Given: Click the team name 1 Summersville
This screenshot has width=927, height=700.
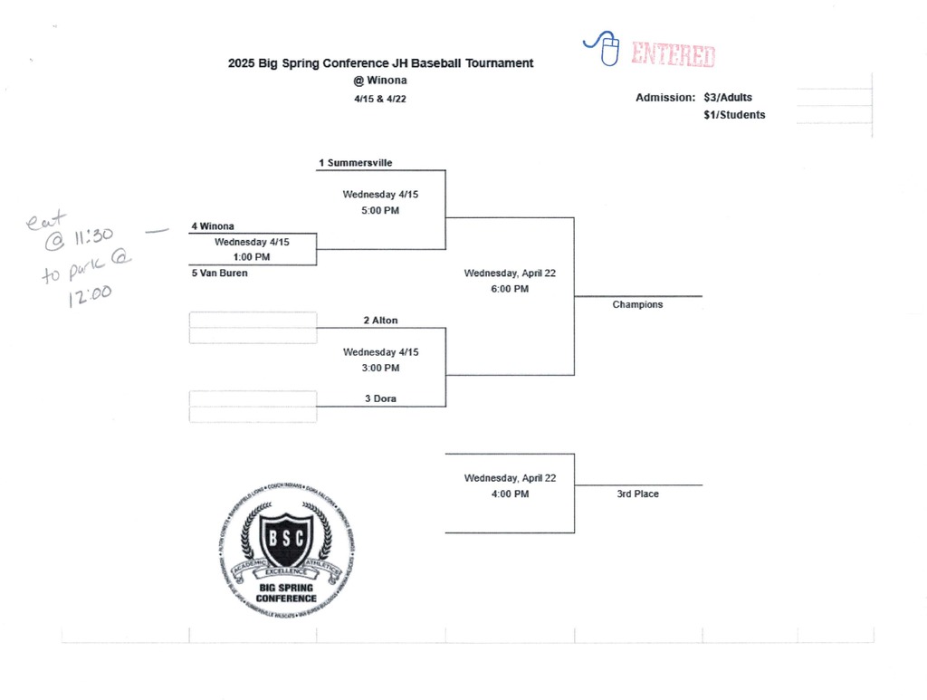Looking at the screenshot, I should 355,163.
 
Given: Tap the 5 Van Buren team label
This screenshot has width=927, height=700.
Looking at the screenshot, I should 219,273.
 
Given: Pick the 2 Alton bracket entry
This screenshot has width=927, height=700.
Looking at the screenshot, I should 380,321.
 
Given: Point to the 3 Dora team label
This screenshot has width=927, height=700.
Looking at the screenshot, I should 380,398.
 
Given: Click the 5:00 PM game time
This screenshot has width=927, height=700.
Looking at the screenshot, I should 380,210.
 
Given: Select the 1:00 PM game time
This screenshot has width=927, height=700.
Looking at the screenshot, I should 252,257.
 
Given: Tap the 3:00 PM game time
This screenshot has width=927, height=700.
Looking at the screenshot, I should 380,368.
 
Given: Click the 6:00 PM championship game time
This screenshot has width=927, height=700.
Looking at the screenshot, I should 510,289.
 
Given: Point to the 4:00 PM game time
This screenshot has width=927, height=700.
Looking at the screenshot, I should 510,494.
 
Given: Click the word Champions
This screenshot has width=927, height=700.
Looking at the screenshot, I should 637,305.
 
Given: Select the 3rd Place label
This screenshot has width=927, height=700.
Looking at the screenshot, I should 637,494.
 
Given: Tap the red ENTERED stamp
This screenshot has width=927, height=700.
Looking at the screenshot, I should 673,55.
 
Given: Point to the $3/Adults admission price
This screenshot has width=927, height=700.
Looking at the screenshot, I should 728,98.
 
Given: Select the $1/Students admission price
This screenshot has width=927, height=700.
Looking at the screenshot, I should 734,115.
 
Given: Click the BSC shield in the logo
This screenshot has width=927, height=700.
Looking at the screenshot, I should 286,541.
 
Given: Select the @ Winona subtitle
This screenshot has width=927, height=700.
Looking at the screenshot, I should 380,80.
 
